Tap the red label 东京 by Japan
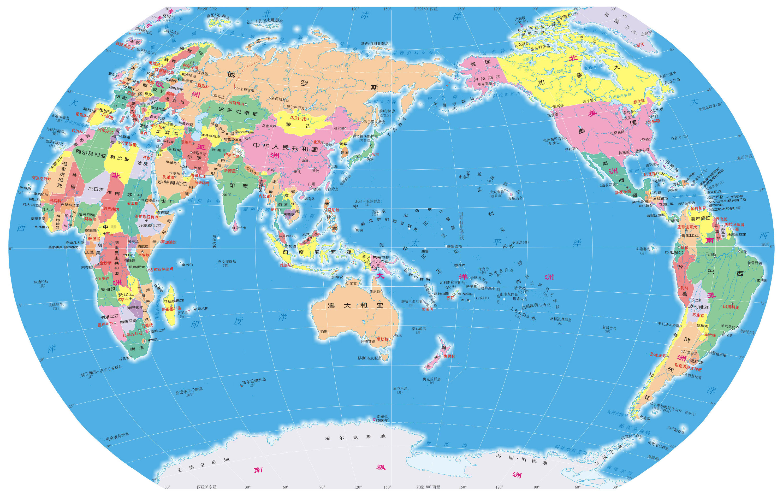click(375, 155)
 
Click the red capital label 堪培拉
click(382, 339)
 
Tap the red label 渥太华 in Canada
click(638, 102)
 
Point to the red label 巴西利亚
click(731, 307)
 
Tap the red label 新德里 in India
click(230, 170)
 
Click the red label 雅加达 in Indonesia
click(286, 265)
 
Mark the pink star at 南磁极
click(374, 419)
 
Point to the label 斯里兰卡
click(239, 228)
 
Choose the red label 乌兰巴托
click(298, 119)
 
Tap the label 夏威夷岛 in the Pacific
click(515, 198)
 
